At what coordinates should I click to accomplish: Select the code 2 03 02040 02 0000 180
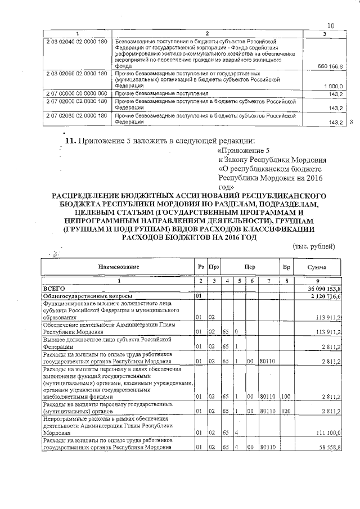point(75,42)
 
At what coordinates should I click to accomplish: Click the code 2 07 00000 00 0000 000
point(75,93)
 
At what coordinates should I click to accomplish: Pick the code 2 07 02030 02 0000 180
point(75,115)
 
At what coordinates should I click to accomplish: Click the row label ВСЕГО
point(55,287)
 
